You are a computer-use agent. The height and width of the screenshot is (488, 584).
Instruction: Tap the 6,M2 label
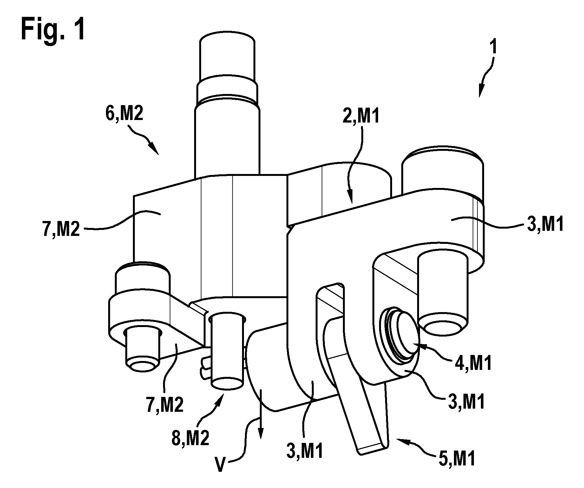pos(124,115)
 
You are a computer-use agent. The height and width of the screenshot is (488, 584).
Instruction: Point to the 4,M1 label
pos(472,364)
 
